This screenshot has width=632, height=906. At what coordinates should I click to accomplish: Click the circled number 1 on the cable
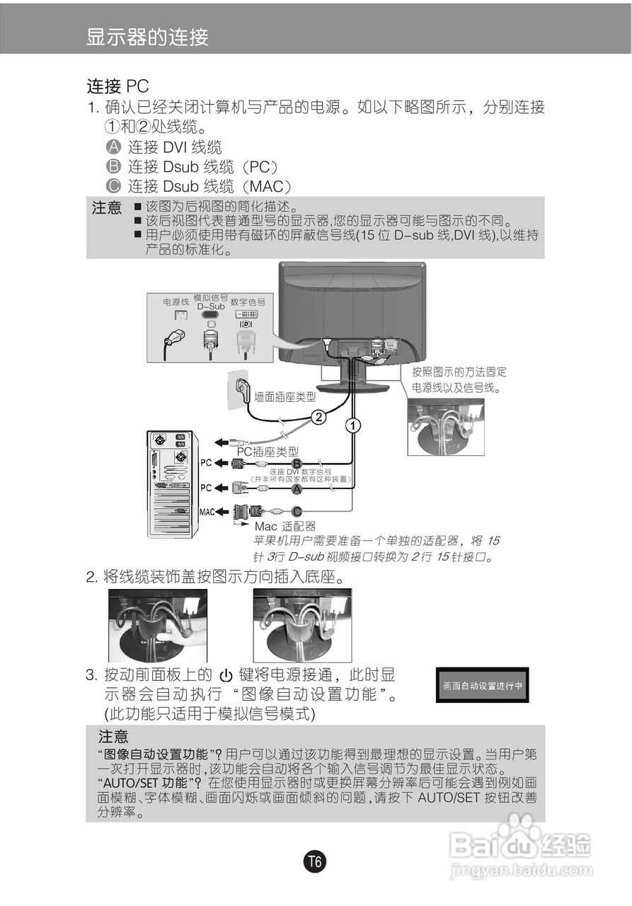tap(352, 425)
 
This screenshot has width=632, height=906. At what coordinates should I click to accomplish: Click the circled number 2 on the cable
tap(319, 417)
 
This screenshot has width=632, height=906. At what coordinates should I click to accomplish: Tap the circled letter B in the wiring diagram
tap(297, 464)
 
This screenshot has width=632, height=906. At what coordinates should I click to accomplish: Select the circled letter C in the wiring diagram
tap(297, 511)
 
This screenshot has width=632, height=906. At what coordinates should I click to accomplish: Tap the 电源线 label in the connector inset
tap(176, 302)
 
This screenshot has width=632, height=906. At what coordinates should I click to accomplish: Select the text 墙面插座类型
tap(285, 397)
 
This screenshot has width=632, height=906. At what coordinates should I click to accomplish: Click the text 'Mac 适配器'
tap(285, 527)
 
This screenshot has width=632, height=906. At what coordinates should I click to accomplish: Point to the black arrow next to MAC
tap(222, 511)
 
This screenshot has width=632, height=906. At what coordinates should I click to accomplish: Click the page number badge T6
tap(315, 862)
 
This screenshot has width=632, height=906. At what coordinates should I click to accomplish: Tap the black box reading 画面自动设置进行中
tap(482, 685)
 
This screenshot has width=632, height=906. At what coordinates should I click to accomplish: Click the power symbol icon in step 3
tap(226, 675)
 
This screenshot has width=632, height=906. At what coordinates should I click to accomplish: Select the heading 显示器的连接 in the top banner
tap(147, 37)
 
